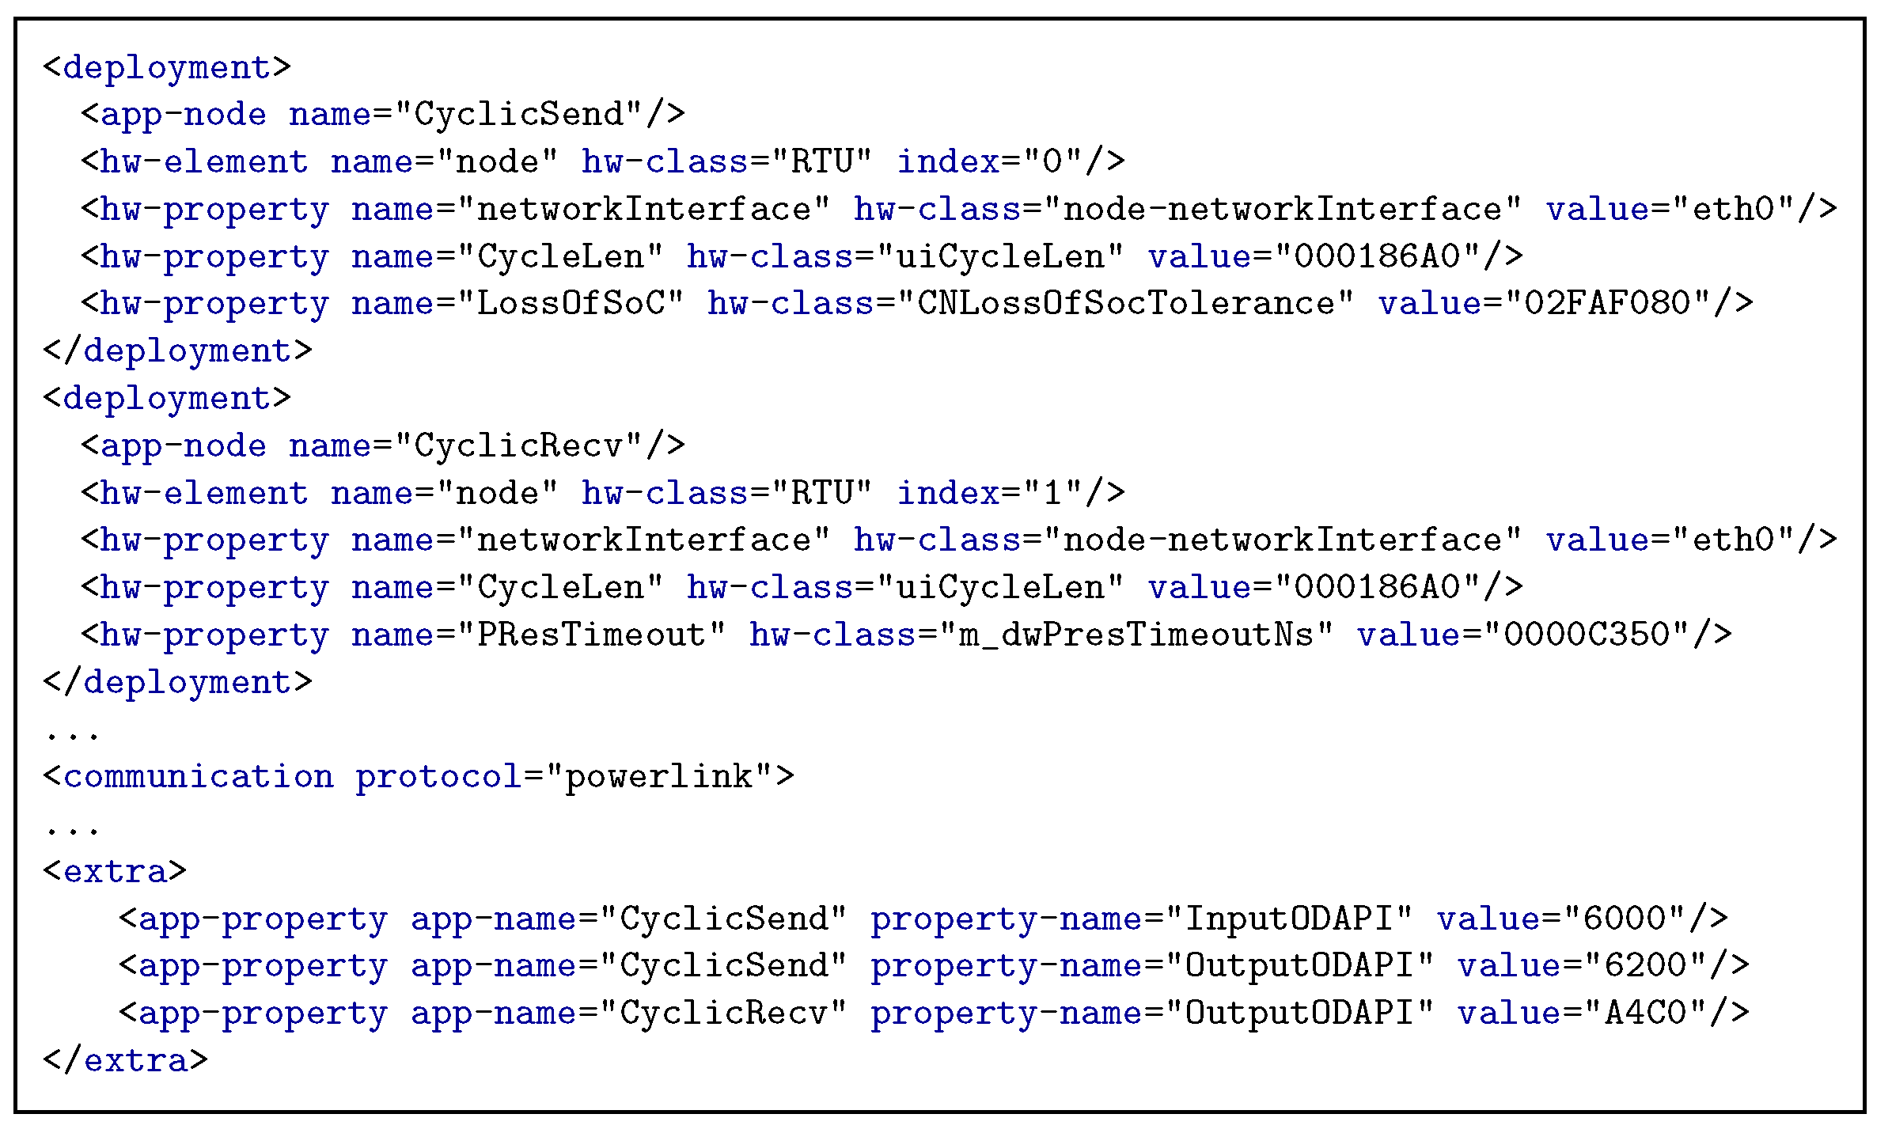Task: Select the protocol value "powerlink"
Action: pos(658,777)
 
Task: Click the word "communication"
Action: pos(198,777)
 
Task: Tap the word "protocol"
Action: pos(438,777)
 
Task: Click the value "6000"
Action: pos(1624,919)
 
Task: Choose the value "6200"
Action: pos(1644,966)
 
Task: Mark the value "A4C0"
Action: pos(1644,1014)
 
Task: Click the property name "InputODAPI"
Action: pos(1288,919)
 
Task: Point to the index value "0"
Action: pos(1052,162)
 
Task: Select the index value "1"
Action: pos(1052,494)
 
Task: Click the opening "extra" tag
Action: pos(115,872)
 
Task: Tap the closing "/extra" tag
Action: pos(125,1061)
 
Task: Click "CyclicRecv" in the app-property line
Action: pos(722,1014)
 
